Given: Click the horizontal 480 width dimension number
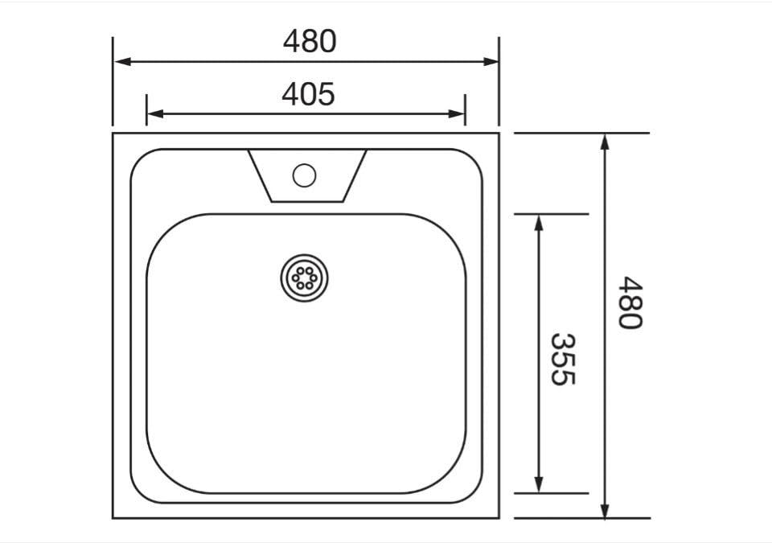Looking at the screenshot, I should tap(310, 42).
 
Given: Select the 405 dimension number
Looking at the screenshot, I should tap(308, 95).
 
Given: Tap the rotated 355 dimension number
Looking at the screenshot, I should tap(563, 359).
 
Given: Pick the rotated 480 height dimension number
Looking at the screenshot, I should tap(630, 302).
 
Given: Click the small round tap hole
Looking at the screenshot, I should tap(304, 175).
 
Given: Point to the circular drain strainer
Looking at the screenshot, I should tap(304, 278).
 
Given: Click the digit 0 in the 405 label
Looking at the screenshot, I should tap(308, 95).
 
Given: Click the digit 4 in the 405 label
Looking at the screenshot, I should tap(290, 95).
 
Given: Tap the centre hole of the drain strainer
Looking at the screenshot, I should tap(304, 278).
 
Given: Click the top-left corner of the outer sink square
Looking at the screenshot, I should tap(113, 134).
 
